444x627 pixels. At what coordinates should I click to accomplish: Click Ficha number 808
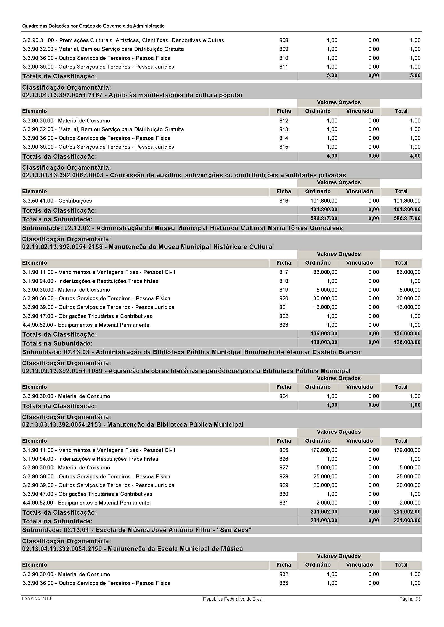pyautogui.click(x=284, y=40)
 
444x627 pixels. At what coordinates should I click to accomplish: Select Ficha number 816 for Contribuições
pyautogui.click(x=284, y=201)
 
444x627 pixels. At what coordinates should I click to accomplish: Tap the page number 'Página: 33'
pyautogui.click(x=410, y=599)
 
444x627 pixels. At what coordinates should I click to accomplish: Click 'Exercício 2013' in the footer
pyautogui.click(x=37, y=598)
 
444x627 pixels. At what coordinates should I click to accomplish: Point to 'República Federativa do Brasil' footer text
pyautogui.click(x=233, y=599)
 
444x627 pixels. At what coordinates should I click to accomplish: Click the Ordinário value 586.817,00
pyautogui.click(x=324, y=219)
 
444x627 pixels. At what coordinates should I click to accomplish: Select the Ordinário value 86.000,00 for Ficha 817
pyautogui.click(x=325, y=272)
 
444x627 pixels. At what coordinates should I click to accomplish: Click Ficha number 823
pyautogui.click(x=284, y=325)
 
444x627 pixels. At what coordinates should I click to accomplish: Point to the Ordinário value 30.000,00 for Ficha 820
pyautogui.click(x=325, y=299)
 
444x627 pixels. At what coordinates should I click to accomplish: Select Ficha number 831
pyautogui.click(x=284, y=503)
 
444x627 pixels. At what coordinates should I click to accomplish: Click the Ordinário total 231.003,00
pyautogui.click(x=324, y=521)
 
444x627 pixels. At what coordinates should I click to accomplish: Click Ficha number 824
pyautogui.click(x=284, y=396)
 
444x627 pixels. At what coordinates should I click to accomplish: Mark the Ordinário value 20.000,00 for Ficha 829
pyautogui.click(x=325, y=485)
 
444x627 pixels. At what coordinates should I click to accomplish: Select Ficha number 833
pyautogui.click(x=284, y=583)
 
